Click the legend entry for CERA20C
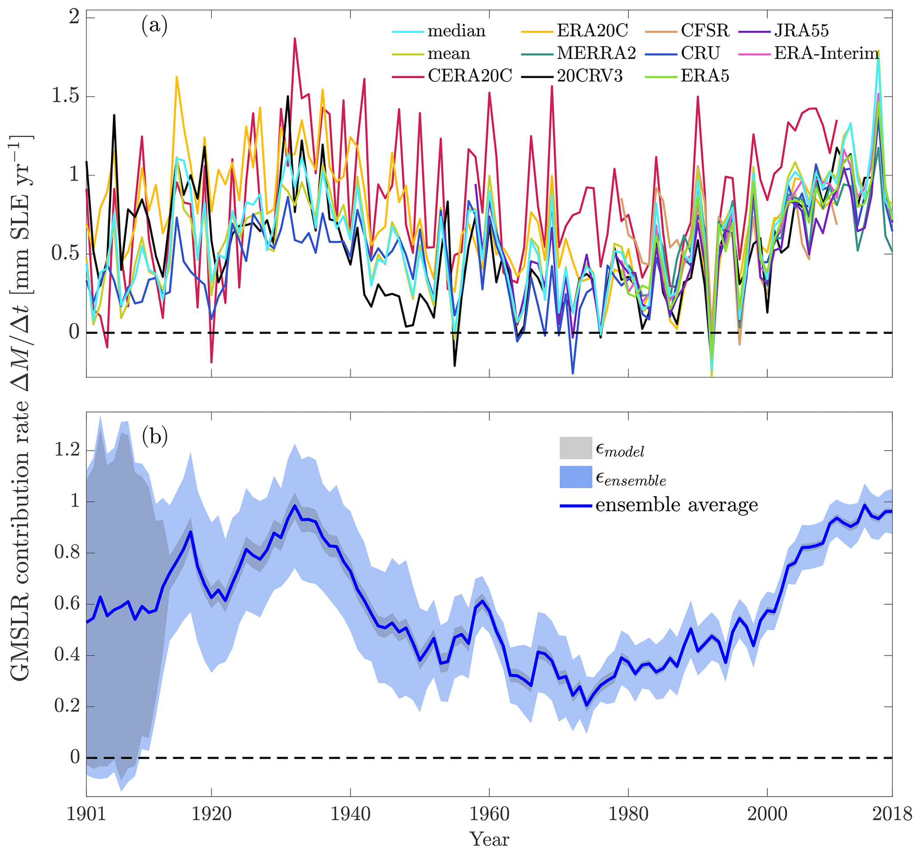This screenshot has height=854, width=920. [470, 75]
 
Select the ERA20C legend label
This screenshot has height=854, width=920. [592, 30]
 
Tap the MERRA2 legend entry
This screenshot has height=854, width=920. [596, 53]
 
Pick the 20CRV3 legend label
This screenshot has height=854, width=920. [589, 75]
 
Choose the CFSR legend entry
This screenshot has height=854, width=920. [705, 30]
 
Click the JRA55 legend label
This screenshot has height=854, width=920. [801, 30]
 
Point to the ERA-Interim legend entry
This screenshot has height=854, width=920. [826, 53]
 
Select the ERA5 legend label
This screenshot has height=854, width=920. [705, 75]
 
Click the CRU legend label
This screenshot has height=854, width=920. [700, 53]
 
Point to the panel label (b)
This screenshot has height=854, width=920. [155, 436]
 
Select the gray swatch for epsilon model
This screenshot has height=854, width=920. [576, 448]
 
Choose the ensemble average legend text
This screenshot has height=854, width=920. [677, 505]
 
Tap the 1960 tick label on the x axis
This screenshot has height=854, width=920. [490, 814]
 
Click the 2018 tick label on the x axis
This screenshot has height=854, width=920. [892, 814]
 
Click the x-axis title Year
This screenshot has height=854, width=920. [490, 839]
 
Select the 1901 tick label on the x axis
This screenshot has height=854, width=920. [87, 814]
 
